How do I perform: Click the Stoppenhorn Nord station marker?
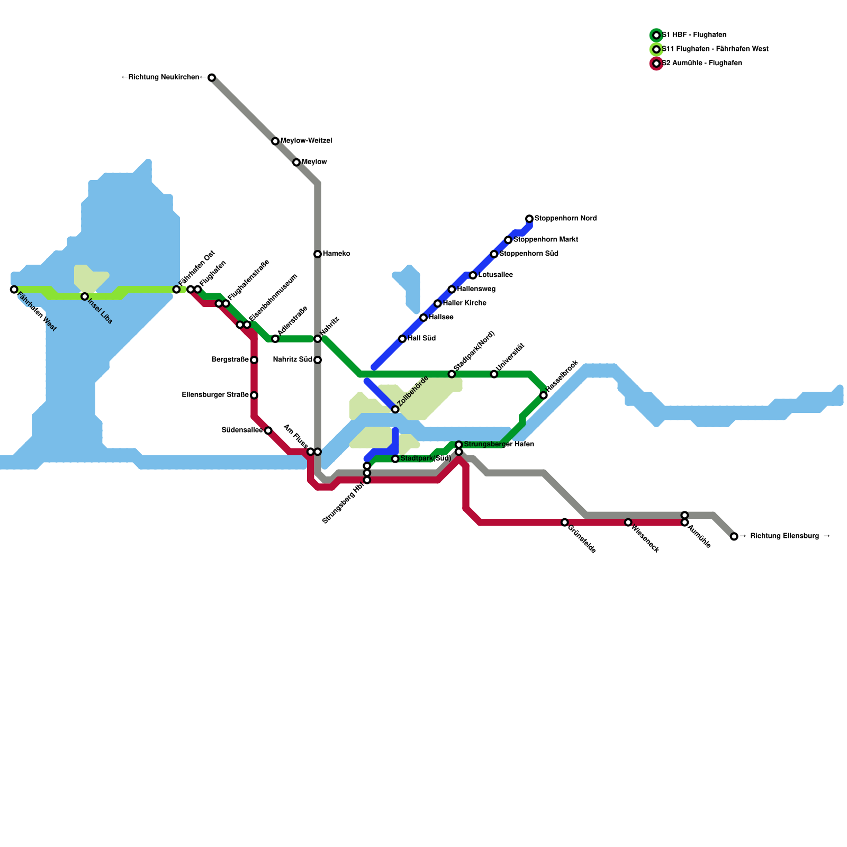click(x=529, y=219)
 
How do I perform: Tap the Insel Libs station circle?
click(x=85, y=296)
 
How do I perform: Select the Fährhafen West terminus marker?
click(x=14, y=290)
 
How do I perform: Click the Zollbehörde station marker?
click(x=395, y=410)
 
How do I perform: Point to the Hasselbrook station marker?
click(x=544, y=395)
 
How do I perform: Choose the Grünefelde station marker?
click(x=565, y=522)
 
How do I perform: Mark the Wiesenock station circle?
click(x=628, y=522)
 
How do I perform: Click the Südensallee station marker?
click(x=268, y=430)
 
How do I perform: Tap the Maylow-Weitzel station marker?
click(x=275, y=141)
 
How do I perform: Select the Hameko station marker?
click(x=318, y=254)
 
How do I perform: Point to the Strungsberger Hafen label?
click(x=499, y=444)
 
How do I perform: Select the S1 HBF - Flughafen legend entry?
click(x=693, y=35)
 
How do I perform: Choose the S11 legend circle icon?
click(x=656, y=49)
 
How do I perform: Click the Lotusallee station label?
click(x=495, y=275)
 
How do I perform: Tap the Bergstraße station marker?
click(x=254, y=360)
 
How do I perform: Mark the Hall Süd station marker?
click(x=402, y=339)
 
